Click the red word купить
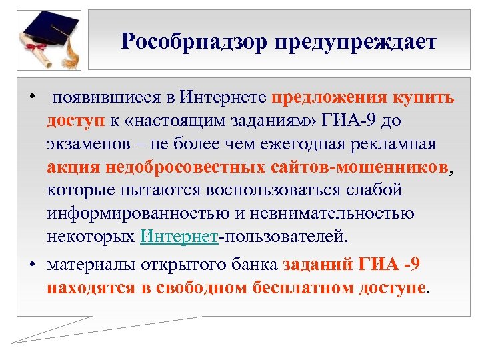pyautogui.click(x=423, y=98)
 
